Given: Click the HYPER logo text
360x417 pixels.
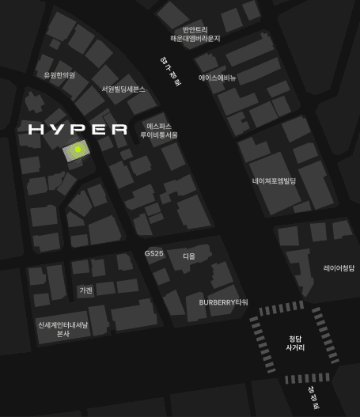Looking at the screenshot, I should (78, 130).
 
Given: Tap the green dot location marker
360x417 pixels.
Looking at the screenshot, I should (78, 149).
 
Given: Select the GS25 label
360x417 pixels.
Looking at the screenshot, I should (153, 253).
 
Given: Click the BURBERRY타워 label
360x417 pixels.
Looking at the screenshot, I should (223, 302).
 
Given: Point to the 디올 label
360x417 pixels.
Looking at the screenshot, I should (188, 256).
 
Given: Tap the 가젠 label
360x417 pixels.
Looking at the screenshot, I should (85, 290).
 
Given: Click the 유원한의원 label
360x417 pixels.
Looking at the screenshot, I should (59, 75).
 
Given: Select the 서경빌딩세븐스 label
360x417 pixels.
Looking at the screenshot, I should (123, 89).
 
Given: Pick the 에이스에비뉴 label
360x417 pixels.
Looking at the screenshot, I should (217, 78).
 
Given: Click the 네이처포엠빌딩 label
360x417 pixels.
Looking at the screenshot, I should (274, 181).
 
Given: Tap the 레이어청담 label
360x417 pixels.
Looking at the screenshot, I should (339, 269).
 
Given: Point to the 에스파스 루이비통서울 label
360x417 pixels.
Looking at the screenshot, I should (159, 131).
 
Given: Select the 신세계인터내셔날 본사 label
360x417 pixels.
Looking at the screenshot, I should (63, 329).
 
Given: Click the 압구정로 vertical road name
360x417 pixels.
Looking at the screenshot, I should (169, 70).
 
